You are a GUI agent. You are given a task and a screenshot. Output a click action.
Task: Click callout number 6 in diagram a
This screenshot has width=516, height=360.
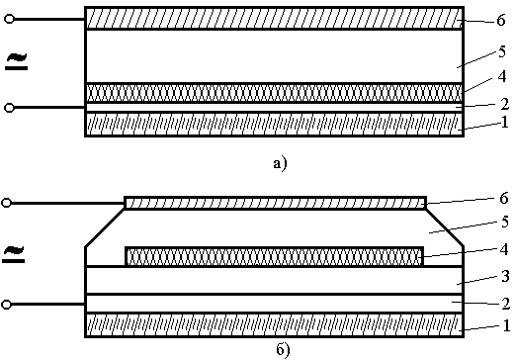(501, 20)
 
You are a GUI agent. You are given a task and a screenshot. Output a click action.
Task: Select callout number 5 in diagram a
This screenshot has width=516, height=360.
(502, 51)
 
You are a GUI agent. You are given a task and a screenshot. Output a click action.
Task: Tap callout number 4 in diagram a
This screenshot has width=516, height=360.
(502, 76)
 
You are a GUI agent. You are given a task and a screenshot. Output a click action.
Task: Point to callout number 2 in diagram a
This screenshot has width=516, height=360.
(504, 104)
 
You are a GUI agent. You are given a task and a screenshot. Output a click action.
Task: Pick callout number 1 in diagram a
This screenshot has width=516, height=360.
(505, 122)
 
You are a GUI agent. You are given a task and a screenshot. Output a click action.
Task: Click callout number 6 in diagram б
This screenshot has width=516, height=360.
(504, 198)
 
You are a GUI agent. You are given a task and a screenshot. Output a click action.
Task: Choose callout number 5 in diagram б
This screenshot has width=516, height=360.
(505, 222)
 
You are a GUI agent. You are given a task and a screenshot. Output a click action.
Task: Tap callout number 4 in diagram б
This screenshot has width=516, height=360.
(504, 249)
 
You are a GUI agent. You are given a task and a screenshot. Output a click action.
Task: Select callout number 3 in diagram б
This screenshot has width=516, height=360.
(505, 276)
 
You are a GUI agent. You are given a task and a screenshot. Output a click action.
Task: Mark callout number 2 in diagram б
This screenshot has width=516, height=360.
(506, 304)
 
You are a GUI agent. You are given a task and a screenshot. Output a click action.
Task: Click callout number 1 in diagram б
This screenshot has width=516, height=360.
(506, 325)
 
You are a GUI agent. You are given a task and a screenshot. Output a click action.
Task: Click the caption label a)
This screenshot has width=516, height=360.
(280, 163)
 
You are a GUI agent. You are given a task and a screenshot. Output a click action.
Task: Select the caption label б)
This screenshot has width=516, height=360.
(283, 350)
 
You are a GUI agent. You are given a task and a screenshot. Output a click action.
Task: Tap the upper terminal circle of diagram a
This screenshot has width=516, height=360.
(9, 19)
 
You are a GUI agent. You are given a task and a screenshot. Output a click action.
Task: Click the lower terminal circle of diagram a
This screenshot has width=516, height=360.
(9, 108)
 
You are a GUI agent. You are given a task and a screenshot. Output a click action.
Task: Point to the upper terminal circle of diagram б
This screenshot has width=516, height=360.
(6, 203)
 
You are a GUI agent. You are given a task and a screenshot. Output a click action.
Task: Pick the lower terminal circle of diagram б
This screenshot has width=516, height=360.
(6, 305)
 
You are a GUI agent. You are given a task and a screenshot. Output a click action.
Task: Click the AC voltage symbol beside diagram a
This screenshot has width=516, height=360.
(17, 61)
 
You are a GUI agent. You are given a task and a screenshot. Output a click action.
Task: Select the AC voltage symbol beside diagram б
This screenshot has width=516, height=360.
(14, 254)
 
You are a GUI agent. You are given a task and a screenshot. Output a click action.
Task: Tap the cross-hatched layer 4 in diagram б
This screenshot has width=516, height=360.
(275, 256)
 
